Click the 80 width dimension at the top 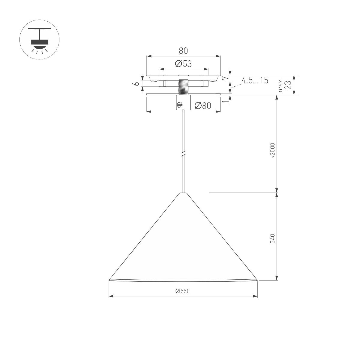point(183,51)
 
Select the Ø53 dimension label point(183,64)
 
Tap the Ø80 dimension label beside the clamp point(203,106)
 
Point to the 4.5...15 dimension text point(255,80)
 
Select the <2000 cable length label point(272,151)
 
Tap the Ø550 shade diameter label point(183,291)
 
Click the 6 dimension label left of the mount point(137,83)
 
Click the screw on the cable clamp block point(180,105)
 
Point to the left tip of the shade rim point(109,280)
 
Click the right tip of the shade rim point(257,280)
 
